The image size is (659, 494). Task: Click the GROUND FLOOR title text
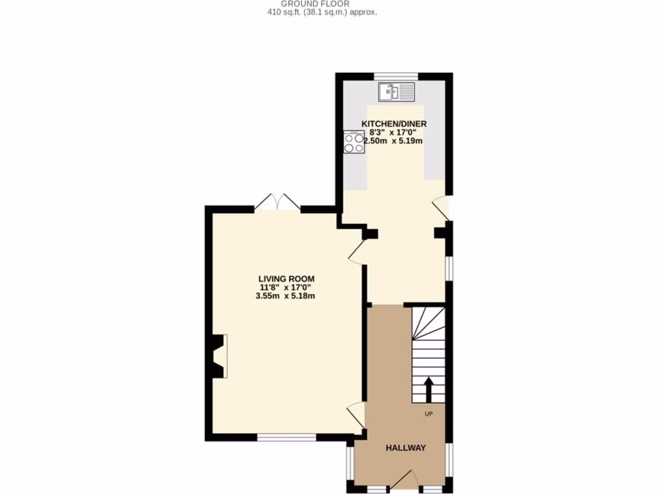(315, 4)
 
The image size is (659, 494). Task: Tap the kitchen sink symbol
(398, 92)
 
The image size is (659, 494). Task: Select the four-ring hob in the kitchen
(354, 142)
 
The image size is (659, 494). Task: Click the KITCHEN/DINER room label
(394, 124)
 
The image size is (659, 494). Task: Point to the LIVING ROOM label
(286, 279)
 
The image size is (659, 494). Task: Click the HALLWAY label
(405, 448)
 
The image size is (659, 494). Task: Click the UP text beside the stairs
(429, 414)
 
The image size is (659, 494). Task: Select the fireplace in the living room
(219, 356)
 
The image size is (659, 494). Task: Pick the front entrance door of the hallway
(407, 481)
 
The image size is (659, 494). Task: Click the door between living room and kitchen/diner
(357, 253)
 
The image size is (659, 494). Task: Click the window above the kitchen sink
(396, 75)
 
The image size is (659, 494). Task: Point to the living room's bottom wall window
(286, 437)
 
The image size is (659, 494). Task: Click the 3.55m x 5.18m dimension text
(286, 296)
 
